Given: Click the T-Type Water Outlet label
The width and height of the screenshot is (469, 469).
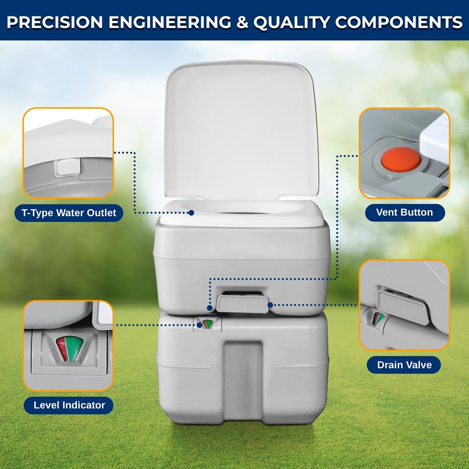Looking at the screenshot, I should (68, 213).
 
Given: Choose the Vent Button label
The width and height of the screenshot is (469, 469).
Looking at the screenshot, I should (404, 212).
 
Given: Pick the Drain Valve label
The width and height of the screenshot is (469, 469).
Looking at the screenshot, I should (404, 364).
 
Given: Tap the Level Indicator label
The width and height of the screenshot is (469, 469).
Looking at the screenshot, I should (69, 405).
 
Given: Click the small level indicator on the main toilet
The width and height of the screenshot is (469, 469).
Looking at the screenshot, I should (206, 324).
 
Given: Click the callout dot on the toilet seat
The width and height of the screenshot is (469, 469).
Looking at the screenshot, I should (191, 212).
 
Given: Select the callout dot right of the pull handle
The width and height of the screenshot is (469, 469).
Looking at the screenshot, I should (271, 305).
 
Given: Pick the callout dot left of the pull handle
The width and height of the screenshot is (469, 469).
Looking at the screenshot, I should (210, 308).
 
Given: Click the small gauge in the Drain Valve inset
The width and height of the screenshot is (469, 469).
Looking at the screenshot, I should (378, 318).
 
